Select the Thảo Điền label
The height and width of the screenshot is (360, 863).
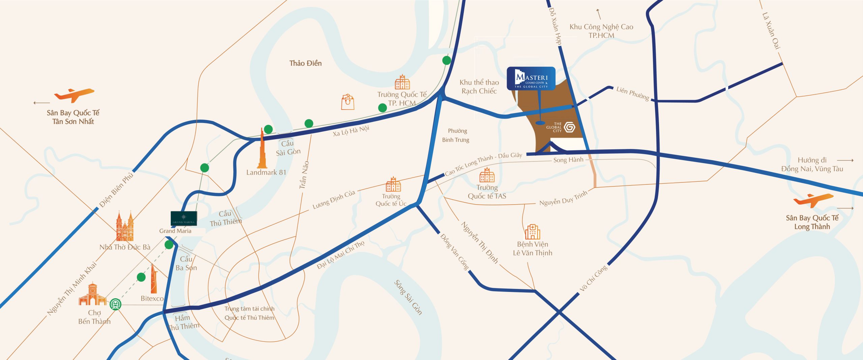click(x=305, y=63)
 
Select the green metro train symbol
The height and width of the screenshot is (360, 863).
click(x=115, y=304)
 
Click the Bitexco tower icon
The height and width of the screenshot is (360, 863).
click(x=154, y=279)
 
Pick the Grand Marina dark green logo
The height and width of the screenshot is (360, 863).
click(x=184, y=218)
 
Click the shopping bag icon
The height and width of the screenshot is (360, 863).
click(x=348, y=102)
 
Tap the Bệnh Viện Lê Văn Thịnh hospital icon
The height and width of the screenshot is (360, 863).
click(x=532, y=232)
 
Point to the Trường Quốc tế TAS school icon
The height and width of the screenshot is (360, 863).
click(x=487, y=175)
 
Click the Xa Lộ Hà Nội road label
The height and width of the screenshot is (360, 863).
click(x=351, y=131)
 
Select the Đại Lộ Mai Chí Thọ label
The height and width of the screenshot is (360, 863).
click(x=340, y=255)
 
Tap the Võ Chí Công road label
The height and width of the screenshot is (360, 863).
click(x=594, y=278)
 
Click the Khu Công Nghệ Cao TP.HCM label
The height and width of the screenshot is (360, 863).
click(x=601, y=31)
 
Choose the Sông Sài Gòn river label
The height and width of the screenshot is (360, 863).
click(x=408, y=297)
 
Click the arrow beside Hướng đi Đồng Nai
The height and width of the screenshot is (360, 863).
click(x=845, y=160)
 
